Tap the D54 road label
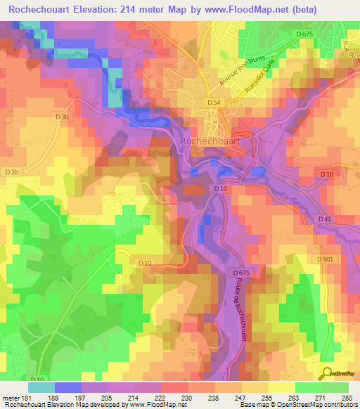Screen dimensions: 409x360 point(214,103)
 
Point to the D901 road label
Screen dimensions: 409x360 point(325,259)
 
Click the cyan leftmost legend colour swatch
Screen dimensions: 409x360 point(41,387)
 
